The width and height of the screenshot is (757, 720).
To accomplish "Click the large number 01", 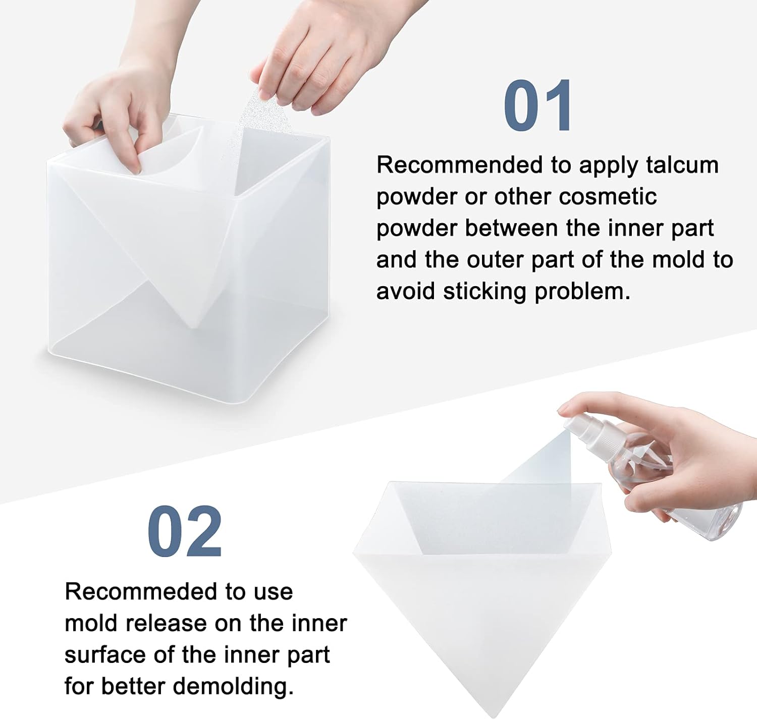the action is tap(538, 106).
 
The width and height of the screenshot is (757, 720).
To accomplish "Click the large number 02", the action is tap(185, 531).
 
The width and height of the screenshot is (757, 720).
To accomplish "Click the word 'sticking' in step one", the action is tap(484, 292).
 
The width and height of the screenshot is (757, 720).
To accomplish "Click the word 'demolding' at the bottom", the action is tap(233, 686).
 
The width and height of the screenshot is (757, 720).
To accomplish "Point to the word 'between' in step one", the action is tap(512, 229).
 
